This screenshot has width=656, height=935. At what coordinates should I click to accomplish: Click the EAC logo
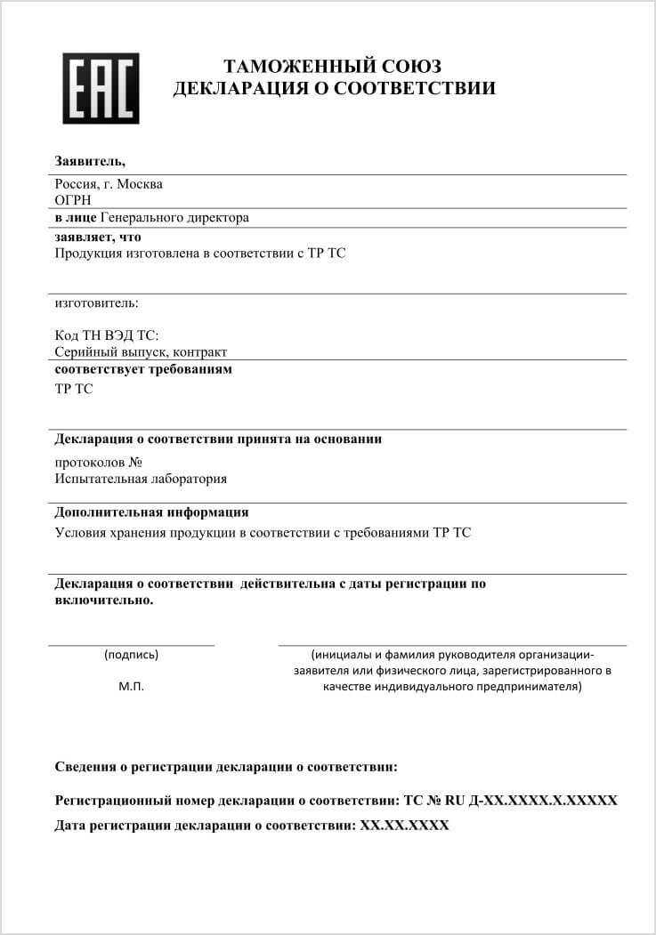(x=101, y=88)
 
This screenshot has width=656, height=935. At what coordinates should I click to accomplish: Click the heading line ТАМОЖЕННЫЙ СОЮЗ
(x=332, y=67)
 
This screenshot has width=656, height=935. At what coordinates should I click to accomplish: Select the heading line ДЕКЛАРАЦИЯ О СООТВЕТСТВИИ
(x=334, y=88)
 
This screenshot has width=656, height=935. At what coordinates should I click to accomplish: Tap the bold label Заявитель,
(x=90, y=161)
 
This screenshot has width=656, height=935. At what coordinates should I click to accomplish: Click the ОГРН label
(x=73, y=200)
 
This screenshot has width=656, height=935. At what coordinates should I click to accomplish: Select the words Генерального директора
(x=174, y=217)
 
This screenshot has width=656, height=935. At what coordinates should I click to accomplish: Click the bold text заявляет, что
(x=98, y=238)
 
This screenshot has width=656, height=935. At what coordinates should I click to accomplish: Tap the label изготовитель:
(x=96, y=303)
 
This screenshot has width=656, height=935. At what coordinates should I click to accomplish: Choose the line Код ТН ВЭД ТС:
(x=106, y=335)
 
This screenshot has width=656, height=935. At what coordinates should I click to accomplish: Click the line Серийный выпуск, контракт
(x=141, y=352)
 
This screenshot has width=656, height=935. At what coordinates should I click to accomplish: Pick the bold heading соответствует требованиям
(x=143, y=369)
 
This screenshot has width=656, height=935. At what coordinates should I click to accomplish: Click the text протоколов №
(x=99, y=463)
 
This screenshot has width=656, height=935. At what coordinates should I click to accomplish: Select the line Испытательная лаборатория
(x=141, y=479)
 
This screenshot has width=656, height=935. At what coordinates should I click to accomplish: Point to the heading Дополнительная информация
(x=151, y=512)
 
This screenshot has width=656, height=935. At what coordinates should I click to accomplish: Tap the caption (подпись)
(x=131, y=655)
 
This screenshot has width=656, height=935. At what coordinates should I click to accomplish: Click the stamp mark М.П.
(x=131, y=687)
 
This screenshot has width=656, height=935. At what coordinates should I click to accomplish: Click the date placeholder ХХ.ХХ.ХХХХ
(x=404, y=826)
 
